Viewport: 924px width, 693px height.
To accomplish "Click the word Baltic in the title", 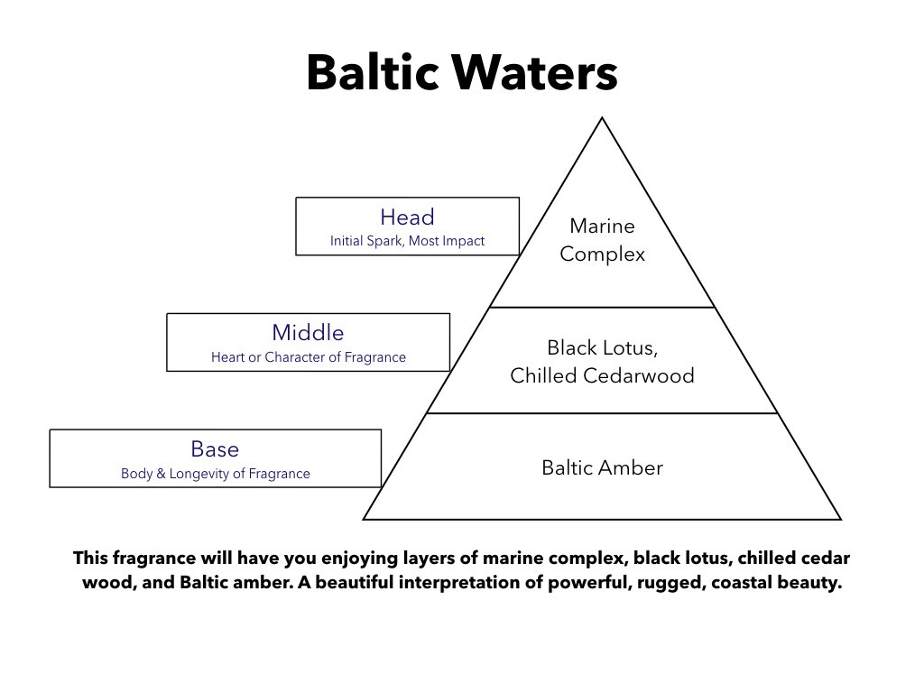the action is [x=373, y=72].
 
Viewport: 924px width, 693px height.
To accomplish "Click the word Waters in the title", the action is [x=535, y=72].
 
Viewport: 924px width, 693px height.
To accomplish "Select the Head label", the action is [x=407, y=217].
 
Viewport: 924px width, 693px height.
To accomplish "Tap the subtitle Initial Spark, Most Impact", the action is [x=407, y=240].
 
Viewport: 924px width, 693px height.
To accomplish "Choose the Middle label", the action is [x=308, y=332].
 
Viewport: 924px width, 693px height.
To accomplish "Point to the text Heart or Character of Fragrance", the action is [x=309, y=357].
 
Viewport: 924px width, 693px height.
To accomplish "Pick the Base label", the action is [x=215, y=449].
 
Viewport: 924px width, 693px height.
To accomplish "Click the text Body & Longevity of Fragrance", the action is [x=215, y=473].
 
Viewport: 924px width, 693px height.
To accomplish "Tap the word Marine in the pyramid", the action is [x=602, y=226].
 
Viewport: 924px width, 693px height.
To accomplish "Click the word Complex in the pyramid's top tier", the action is [x=602, y=254].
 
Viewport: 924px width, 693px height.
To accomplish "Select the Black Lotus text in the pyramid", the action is [x=602, y=347].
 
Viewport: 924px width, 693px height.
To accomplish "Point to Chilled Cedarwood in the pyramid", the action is [x=602, y=375].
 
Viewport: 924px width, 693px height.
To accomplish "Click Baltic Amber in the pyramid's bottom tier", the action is [x=602, y=467].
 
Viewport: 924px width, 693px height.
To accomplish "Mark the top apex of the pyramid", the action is [x=602, y=118].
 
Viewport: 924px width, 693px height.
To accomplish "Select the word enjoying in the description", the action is [x=361, y=558].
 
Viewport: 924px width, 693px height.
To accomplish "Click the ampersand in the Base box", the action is [x=161, y=473].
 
